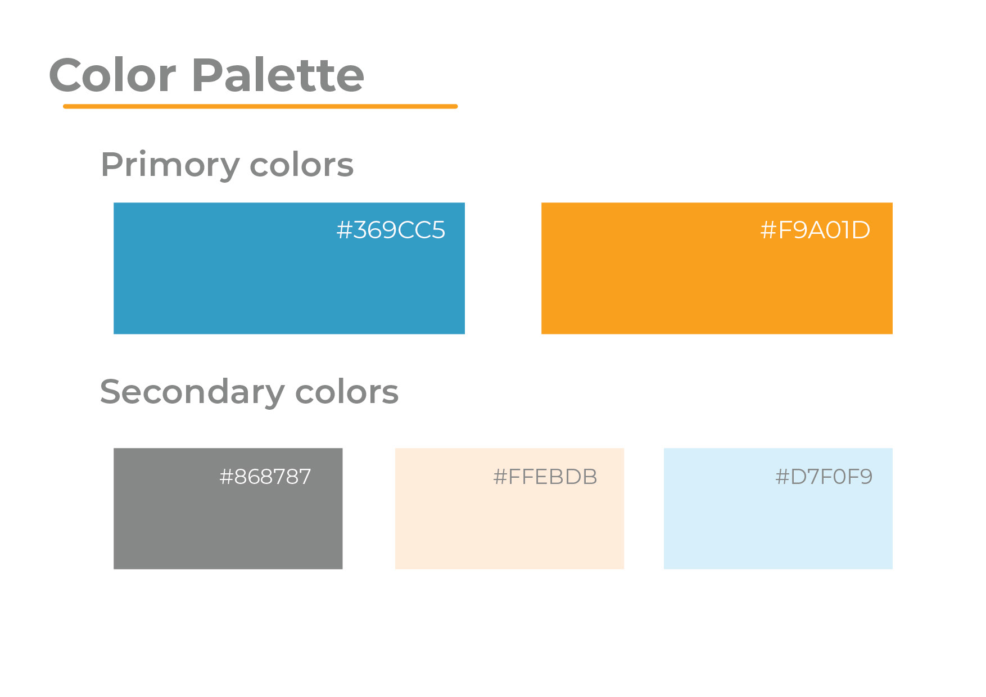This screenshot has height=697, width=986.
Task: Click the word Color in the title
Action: [112, 75]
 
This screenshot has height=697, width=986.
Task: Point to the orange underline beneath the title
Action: [260, 106]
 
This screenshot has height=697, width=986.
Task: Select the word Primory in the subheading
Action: [170, 165]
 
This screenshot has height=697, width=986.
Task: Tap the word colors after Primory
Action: [301, 165]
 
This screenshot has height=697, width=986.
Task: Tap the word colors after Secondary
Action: [347, 392]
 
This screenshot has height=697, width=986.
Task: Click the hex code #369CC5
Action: [391, 230]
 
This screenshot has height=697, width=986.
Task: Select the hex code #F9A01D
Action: [815, 230]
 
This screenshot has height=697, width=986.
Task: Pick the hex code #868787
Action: [265, 477]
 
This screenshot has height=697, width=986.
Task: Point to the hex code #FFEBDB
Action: [545, 477]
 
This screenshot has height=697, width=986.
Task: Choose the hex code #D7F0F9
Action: [824, 477]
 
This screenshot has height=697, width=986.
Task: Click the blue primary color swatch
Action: [289, 268]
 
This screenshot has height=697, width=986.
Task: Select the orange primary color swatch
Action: [717, 268]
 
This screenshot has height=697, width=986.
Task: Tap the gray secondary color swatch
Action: [228, 509]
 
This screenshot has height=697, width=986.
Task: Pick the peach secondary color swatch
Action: [509, 509]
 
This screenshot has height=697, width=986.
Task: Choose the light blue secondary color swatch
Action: [778, 509]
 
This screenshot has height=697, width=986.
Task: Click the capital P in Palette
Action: [207, 75]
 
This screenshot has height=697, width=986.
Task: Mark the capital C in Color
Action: [65, 75]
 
